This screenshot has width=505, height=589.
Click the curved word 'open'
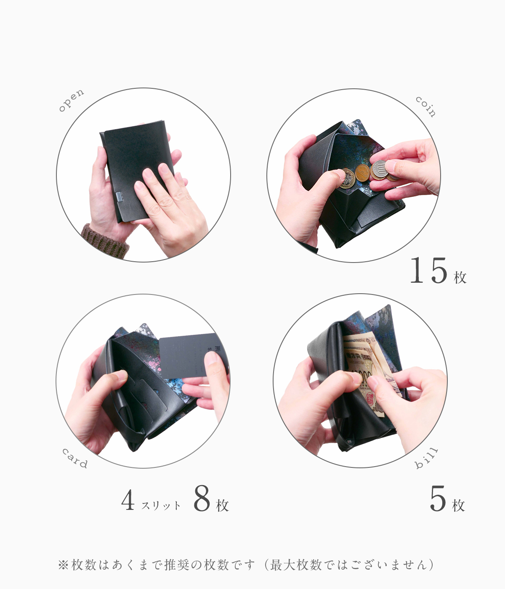tap(71, 100)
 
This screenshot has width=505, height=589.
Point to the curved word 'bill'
tap(426, 458)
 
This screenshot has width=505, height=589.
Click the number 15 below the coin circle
tap(428, 270)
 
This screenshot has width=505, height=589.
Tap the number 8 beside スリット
tap(202, 499)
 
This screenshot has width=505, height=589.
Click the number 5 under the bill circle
tap(438, 499)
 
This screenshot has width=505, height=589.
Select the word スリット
tap(161, 505)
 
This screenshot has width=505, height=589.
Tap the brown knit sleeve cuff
tap(105, 241)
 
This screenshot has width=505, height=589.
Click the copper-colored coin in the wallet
tap(362, 172)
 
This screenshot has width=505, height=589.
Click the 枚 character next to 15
tap(460, 277)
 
